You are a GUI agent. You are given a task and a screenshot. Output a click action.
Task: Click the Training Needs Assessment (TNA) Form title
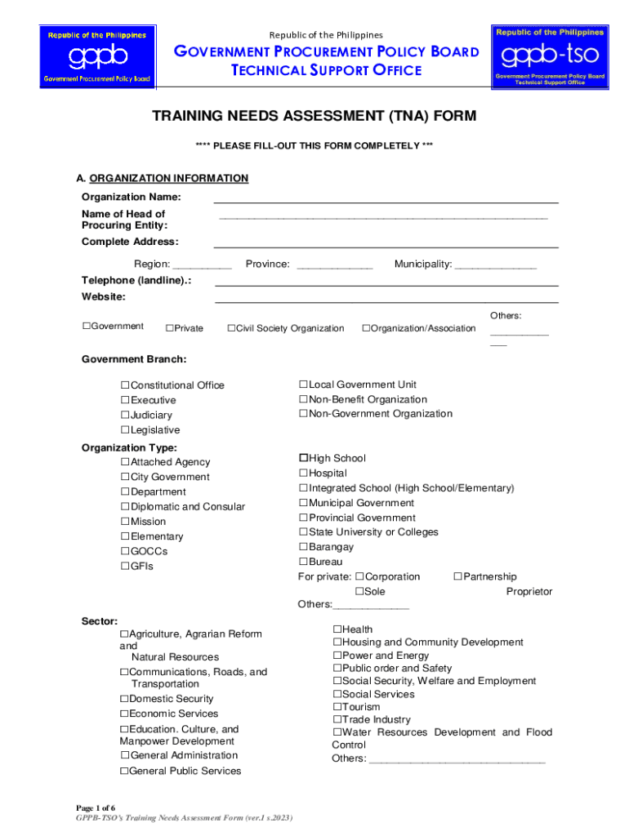click(314, 117)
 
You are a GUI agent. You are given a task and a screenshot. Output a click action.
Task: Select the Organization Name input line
click(386, 197)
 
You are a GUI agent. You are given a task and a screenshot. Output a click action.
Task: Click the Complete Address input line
click(386, 242)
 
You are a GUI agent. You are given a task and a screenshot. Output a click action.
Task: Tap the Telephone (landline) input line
click(386, 281)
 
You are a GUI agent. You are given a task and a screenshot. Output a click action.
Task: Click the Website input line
click(386, 297)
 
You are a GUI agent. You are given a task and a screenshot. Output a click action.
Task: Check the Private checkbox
click(169, 328)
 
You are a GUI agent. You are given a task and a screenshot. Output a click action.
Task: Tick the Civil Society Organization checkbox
click(231, 328)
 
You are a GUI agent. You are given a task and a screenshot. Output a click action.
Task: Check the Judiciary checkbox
click(126, 415)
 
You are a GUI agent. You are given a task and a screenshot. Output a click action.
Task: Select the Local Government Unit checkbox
click(303, 385)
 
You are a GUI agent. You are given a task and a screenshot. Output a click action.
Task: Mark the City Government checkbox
click(126, 477)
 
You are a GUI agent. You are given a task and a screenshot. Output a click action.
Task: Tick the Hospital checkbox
click(303, 474)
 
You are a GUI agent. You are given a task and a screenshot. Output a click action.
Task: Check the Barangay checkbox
click(303, 547)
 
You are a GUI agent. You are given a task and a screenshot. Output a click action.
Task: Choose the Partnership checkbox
click(458, 576)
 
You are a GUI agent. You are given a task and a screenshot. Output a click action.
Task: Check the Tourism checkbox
click(337, 707)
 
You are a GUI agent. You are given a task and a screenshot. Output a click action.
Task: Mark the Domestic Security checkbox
click(124, 699)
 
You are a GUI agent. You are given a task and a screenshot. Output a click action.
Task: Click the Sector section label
click(100, 621)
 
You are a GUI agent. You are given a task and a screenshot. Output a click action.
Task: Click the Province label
click(267, 264)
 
